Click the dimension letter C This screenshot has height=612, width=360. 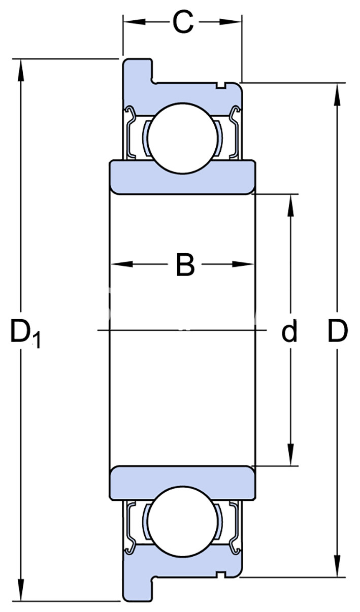183,22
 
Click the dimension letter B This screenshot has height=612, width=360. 185,264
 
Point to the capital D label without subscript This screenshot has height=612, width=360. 337,331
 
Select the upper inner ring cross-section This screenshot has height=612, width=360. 183,177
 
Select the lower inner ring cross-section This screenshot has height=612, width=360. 183,482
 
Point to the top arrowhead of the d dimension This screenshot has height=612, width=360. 290,203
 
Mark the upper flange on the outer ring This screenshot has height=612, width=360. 137,71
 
